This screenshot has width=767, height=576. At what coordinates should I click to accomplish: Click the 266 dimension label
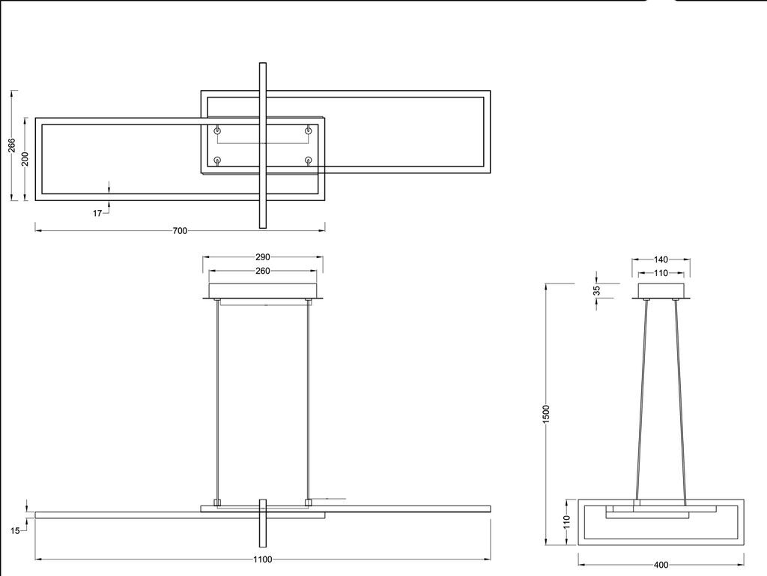(x=12, y=145)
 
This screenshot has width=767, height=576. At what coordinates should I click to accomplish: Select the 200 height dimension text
(x=25, y=159)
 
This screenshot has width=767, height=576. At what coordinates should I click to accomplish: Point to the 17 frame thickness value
(x=97, y=214)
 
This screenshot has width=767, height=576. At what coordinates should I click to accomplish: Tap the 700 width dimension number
(x=180, y=231)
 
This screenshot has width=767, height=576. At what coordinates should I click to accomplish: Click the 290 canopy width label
(x=262, y=257)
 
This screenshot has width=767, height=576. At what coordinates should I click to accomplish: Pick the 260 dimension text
(x=262, y=271)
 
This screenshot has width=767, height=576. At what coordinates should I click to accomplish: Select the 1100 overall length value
(x=262, y=559)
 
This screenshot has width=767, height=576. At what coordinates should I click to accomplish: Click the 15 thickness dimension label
(x=14, y=531)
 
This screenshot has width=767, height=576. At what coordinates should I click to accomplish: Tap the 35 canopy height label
(x=596, y=290)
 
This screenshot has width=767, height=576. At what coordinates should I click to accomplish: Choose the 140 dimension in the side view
(x=661, y=260)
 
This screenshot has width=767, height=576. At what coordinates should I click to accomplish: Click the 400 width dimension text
(x=661, y=565)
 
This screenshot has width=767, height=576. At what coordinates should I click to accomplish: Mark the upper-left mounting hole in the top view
(x=218, y=130)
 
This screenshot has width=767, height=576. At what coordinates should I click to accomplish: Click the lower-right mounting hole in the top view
(x=308, y=160)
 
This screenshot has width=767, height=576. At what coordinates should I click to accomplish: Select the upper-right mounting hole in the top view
(x=308, y=130)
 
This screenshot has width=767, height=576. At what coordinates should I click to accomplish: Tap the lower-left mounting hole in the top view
(x=218, y=160)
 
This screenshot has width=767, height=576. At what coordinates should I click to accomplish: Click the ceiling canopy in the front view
(x=263, y=291)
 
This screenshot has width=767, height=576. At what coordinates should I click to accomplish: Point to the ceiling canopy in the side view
(x=661, y=290)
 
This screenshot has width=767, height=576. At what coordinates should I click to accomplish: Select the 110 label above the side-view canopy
(x=661, y=273)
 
